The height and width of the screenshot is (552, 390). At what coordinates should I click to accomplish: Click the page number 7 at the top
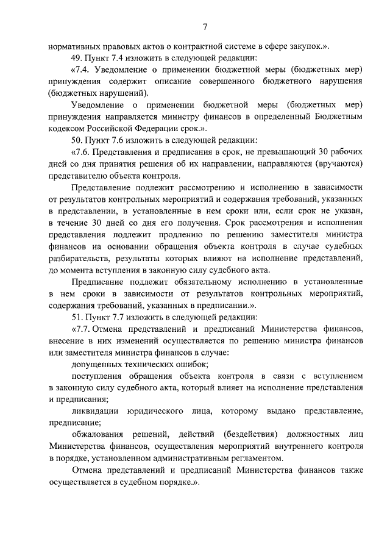205,26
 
